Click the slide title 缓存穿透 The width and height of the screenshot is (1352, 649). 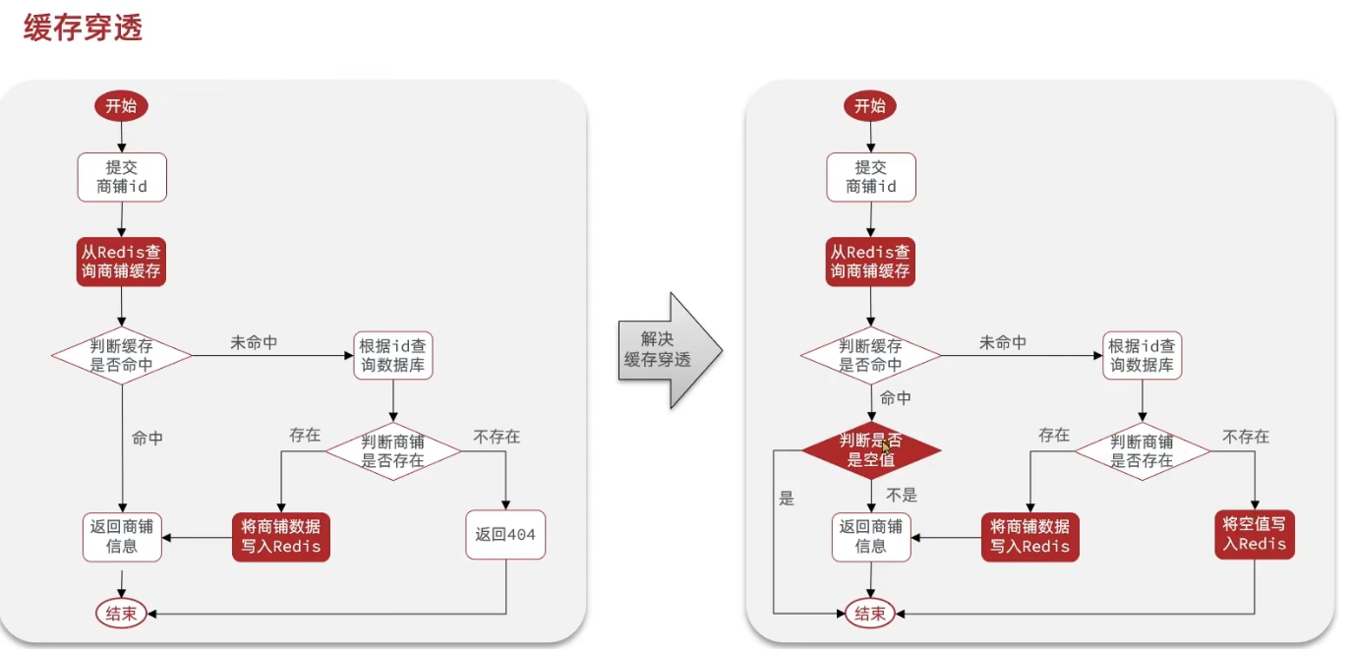pos(84,28)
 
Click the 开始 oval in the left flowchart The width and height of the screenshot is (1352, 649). pos(121,106)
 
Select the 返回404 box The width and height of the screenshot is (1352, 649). pos(505,535)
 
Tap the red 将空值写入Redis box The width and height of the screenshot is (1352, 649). pos(1254,533)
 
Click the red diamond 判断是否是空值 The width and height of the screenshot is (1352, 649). pos(870,450)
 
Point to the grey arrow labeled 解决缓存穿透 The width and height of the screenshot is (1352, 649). pos(669,350)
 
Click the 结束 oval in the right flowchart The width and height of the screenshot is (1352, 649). pos(870,614)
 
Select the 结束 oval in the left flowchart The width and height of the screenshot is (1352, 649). pos(121,615)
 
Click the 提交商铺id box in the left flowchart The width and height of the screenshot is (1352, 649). pos(122,177)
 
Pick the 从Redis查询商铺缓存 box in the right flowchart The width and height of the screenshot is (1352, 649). pos(870,261)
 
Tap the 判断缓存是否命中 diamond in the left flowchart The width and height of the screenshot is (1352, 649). pos(122,356)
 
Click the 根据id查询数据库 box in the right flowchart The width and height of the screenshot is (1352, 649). pos(1142,356)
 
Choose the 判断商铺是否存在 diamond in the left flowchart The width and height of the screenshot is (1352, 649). pos(393,451)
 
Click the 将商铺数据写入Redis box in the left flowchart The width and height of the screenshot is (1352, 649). pos(280,537)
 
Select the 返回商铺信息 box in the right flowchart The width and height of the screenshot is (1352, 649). pos(871,537)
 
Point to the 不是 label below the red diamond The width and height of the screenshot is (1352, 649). pos(901,496)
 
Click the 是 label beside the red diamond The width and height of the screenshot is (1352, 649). pos(786,498)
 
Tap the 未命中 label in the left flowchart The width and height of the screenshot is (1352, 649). pos(254,343)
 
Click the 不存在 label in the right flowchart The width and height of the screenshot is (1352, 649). pos(1246,436)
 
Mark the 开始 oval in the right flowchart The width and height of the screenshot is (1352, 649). pos(870,106)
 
